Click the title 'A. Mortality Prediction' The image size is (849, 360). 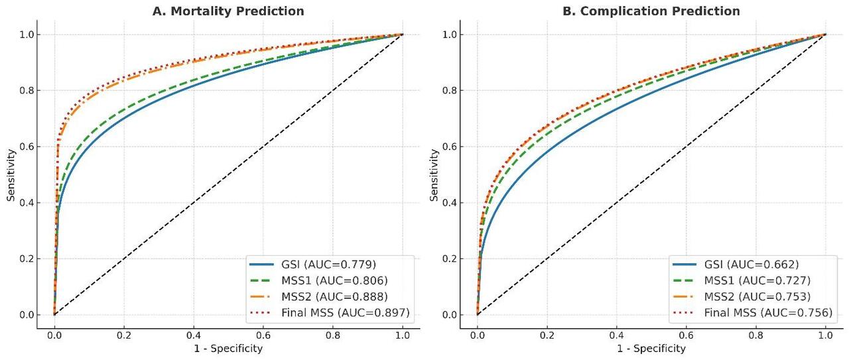(x=228, y=11)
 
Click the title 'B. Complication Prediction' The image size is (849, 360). (x=651, y=11)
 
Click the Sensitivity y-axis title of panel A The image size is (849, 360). (x=11, y=174)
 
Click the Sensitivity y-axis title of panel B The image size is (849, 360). (x=434, y=174)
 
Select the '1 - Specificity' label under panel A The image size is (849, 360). (x=228, y=349)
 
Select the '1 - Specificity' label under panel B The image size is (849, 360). (x=651, y=349)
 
